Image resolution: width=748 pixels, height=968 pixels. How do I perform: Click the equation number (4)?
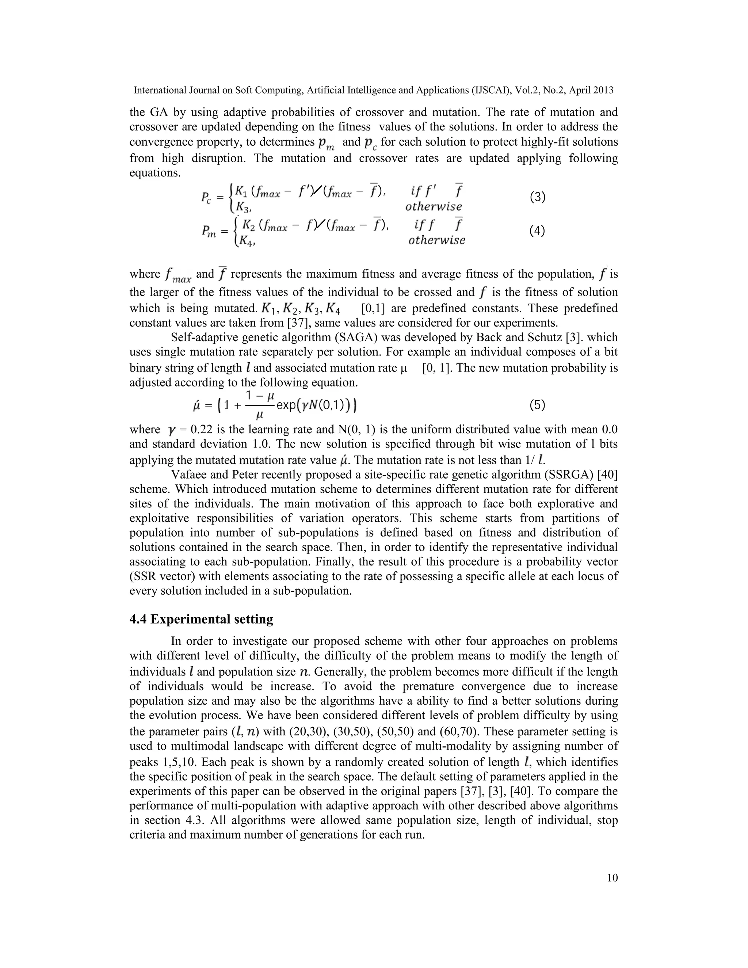click(x=537, y=231)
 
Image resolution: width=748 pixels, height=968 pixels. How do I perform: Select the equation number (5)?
click(x=537, y=405)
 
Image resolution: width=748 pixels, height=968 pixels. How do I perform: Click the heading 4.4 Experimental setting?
click(x=201, y=619)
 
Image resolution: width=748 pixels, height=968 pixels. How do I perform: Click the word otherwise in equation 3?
click(x=434, y=206)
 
